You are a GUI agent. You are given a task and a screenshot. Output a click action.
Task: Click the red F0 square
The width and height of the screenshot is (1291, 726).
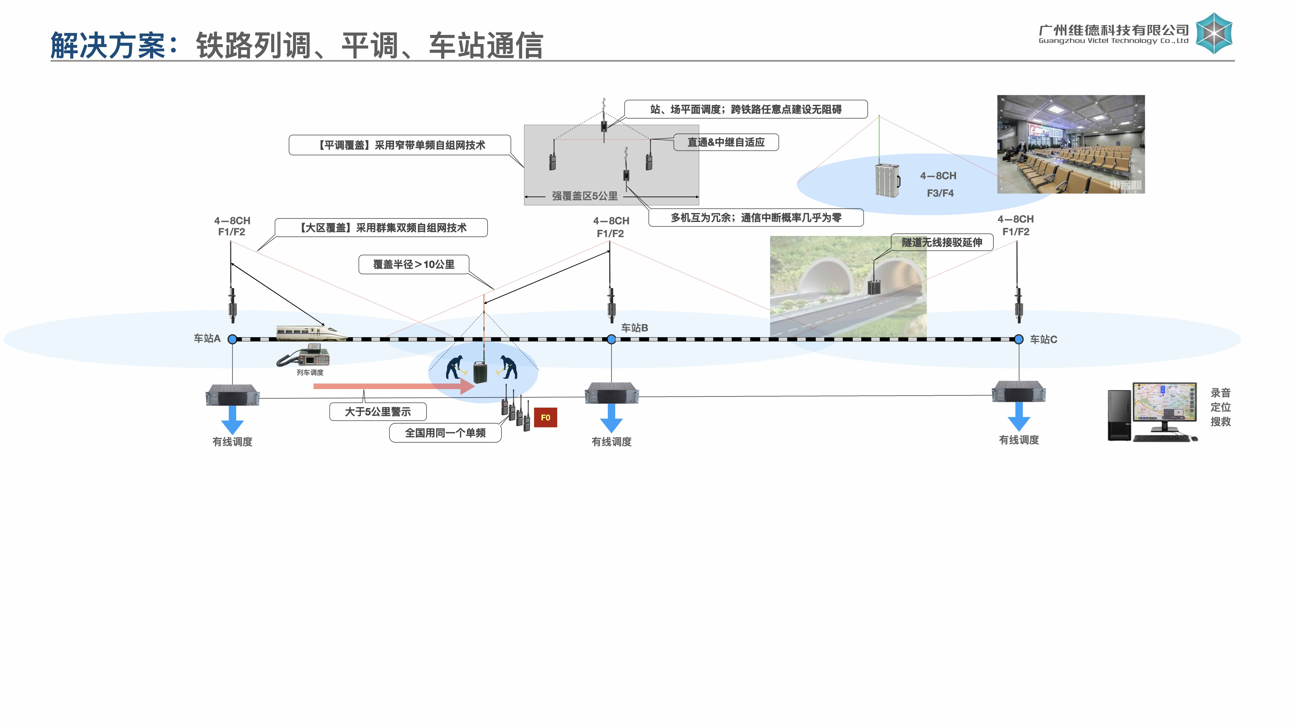click(x=545, y=417)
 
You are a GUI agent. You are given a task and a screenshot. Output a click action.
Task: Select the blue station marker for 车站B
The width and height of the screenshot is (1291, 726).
click(x=611, y=339)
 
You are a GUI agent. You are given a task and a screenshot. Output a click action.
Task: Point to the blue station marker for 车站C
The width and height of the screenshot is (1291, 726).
click(x=1019, y=339)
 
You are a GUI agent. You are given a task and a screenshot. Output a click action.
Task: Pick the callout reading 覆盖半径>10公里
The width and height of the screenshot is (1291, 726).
click(x=414, y=265)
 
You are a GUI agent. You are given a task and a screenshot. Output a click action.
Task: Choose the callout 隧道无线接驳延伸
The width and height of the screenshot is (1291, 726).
click(x=942, y=243)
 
